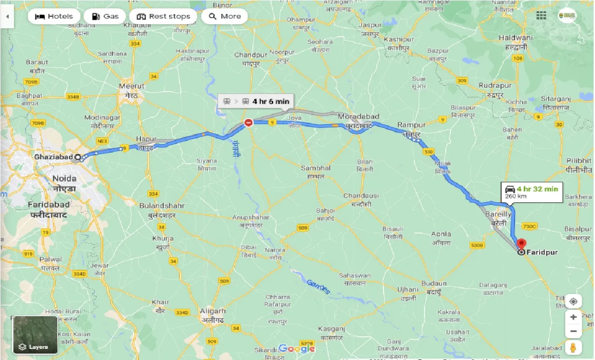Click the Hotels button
coord(54,16)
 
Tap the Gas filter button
coord(105,16)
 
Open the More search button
coord(225,16)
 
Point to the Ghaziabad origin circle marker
coord(78,157)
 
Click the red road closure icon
coord(249,123)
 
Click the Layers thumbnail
coord(35,334)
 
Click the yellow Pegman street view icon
coord(573,347)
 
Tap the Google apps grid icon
coord(541,16)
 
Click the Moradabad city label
coord(358,116)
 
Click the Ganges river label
coord(319,287)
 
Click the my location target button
coord(573,301)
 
